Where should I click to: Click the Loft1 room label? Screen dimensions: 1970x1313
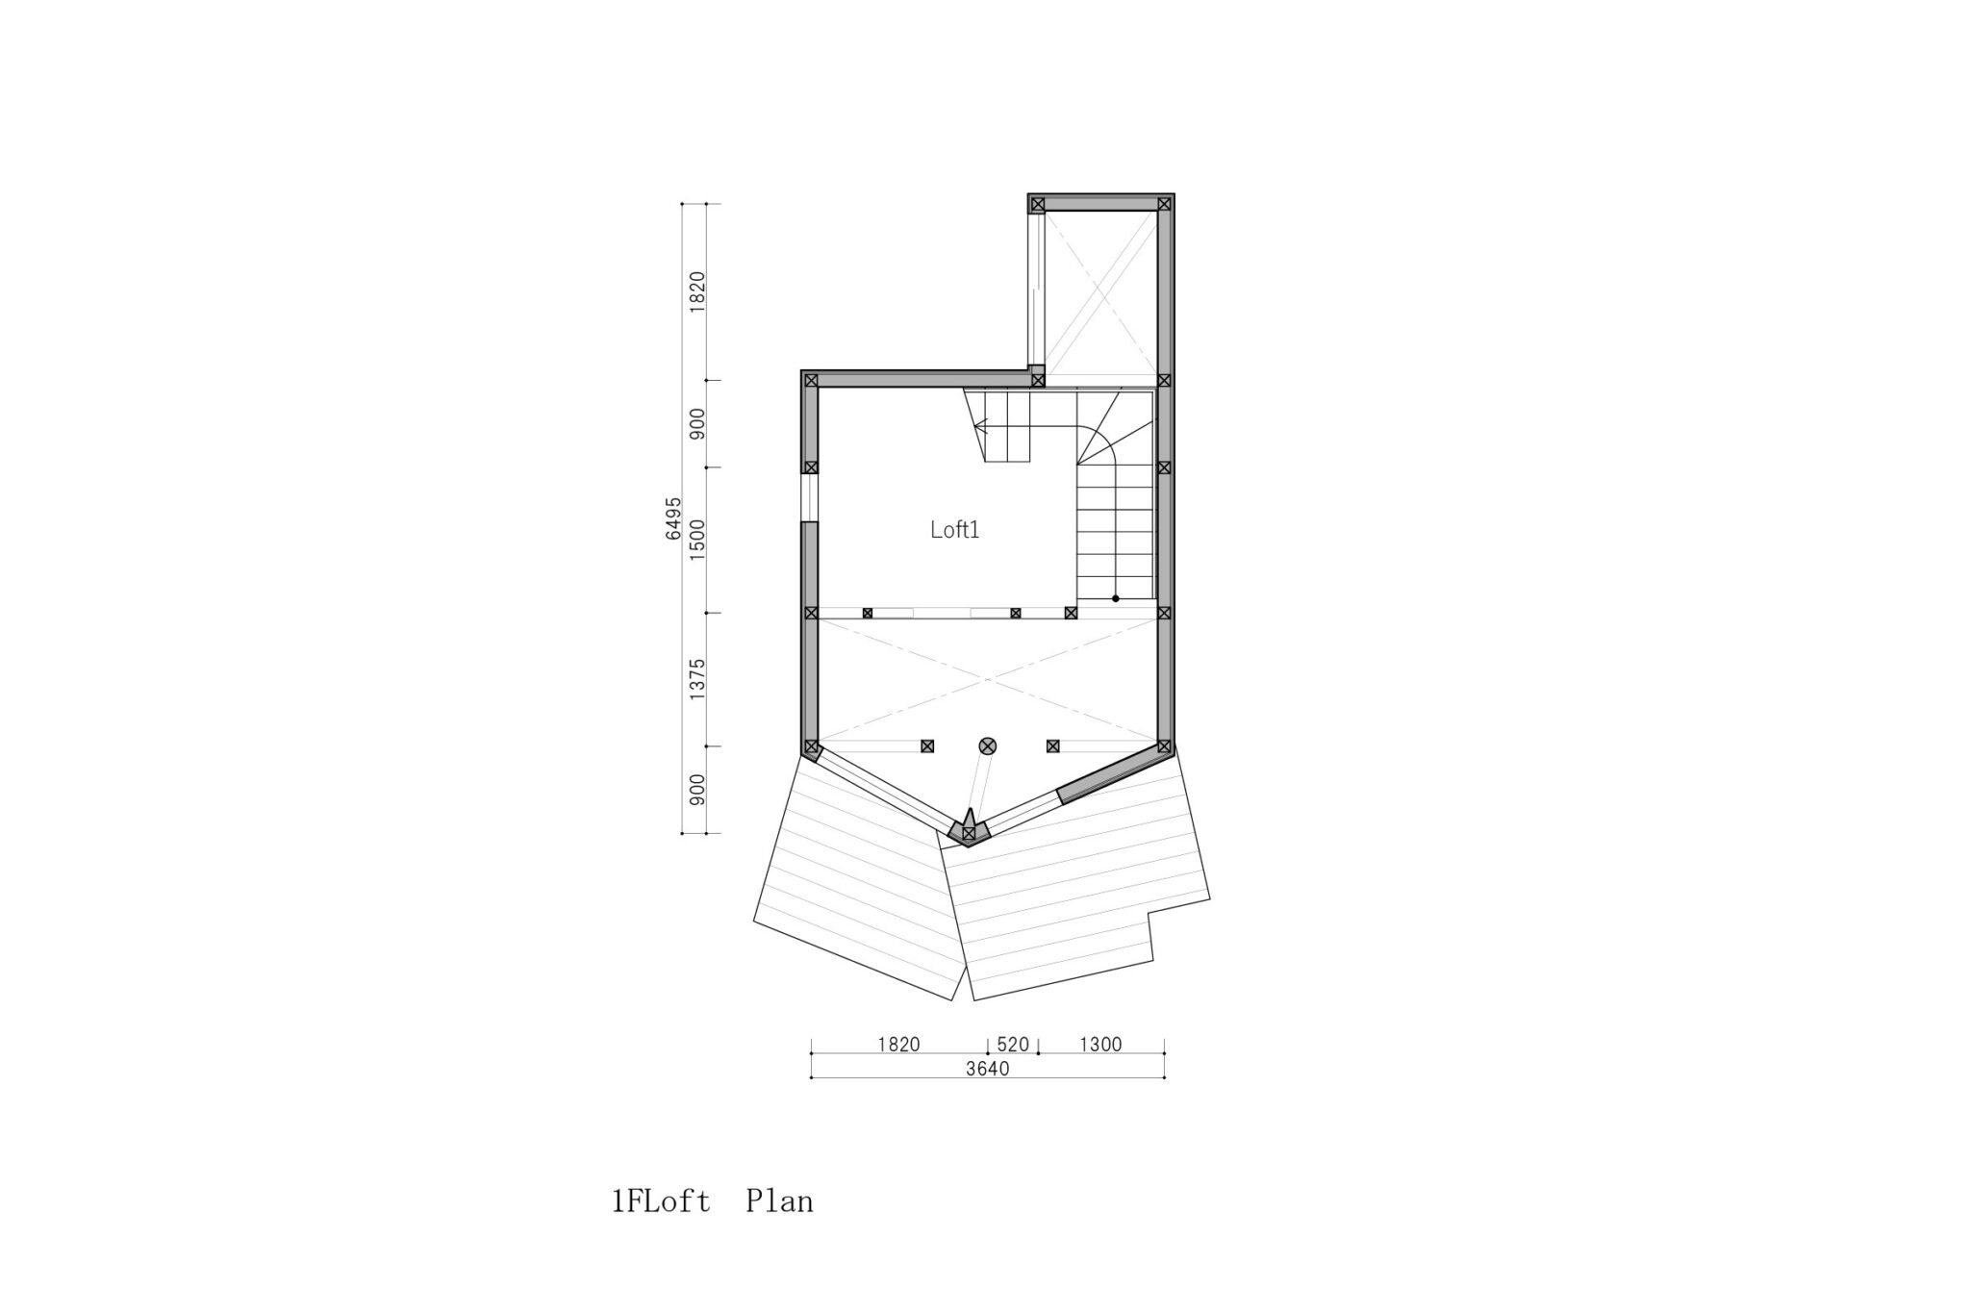coord(954,530)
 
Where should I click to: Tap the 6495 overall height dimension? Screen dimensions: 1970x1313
coord(673,518)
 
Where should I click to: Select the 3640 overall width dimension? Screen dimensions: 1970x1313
coord(988,1069)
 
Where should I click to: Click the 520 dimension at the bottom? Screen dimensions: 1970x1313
coord(1013,1045)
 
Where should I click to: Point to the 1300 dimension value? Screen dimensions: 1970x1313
coord(1100,1045)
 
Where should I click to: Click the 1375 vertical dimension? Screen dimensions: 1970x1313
coord(697,679)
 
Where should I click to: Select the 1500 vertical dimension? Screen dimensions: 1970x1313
coord(697,540)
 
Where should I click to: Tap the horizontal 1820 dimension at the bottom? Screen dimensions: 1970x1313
coord(898,1045)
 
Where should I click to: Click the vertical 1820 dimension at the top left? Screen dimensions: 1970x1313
coord(697,291)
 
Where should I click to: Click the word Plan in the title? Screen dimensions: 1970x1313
coord(779,1201)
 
